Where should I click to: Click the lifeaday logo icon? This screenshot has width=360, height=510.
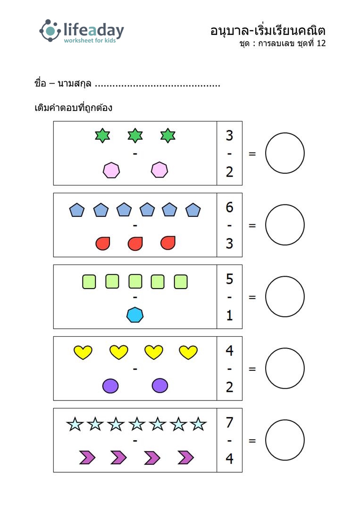point(50,31)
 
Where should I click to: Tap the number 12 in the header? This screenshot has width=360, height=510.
point(321,43)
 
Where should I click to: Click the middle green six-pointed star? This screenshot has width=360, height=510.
point(135,136)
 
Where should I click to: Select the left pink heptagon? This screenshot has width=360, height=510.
point(111,170)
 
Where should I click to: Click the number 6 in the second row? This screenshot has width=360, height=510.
point(229,207)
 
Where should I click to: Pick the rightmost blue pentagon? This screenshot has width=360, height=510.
point(193,210)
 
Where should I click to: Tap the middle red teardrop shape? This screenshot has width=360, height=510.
point(135,243)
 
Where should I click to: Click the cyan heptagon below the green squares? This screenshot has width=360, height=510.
point(135,314)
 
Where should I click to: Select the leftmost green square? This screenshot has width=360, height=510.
point(89,282)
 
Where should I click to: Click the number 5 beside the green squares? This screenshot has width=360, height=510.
point(229,279)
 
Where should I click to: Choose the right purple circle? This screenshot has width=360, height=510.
point(160,386)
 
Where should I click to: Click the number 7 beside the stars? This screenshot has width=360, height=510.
point(229,423)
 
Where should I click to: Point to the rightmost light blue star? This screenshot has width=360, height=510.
point(198,424)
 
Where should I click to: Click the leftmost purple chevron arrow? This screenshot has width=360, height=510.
point(87,458)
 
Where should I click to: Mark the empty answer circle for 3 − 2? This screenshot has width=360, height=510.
point(285,153)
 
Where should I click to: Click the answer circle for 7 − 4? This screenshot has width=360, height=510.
point(285,441)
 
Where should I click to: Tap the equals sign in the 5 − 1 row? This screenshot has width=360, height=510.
point(252,297)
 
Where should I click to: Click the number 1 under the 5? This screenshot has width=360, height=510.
point(229,315)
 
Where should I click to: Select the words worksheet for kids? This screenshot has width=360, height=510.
point(90,41)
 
